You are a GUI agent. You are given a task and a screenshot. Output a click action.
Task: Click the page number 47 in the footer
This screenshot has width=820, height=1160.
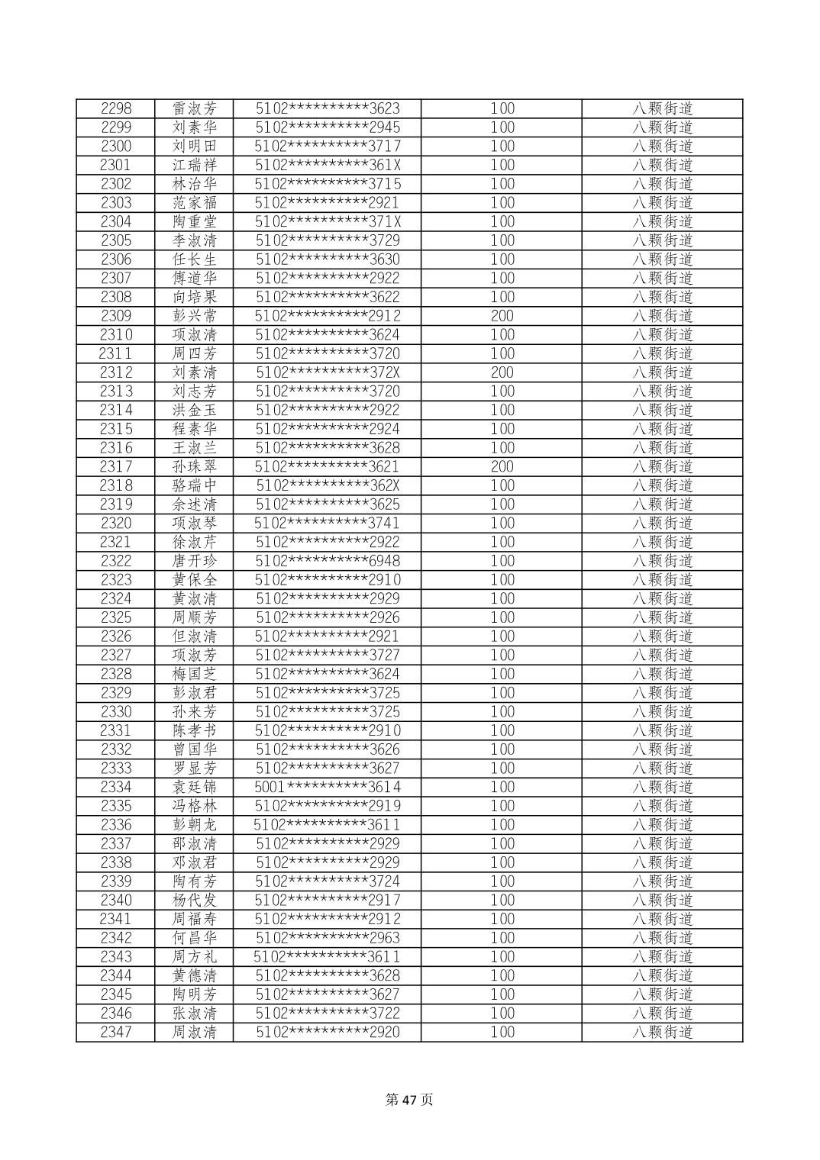point(410,1100)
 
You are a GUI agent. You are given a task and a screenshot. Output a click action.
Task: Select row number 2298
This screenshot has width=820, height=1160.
point(116,108)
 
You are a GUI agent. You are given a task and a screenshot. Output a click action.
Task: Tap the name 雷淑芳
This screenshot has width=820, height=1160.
point(195,108)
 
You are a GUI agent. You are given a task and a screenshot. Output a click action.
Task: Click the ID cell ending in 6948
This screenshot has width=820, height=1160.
point(328,561)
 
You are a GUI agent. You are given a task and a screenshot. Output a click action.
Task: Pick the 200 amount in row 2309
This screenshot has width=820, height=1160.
point(502,316)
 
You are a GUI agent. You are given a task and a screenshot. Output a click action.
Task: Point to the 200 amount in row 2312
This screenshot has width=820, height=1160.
point(502,372)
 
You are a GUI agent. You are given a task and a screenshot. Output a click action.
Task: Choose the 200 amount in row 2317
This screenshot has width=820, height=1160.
point(502,466)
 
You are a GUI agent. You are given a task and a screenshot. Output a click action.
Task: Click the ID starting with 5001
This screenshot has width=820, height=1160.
point(328,787)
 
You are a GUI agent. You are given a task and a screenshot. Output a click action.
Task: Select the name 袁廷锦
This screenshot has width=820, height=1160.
point(195,787)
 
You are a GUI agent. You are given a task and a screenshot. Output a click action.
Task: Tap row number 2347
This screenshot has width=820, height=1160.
point(116,1032)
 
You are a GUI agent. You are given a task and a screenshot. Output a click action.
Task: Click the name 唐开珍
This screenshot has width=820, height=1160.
point(195,561)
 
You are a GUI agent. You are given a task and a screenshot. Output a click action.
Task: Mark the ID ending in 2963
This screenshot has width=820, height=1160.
point(328,938)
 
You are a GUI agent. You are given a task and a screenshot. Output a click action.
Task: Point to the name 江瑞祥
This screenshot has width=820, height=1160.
point(195,165)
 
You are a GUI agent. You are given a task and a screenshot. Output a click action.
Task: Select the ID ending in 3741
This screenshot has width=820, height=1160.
point(328,523)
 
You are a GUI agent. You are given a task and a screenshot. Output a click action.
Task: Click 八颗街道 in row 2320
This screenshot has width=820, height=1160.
point(662,523)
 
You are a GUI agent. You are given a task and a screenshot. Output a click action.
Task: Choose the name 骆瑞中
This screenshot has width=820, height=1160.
point(195,485)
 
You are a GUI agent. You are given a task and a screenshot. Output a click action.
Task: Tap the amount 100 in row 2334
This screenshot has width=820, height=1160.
point(502,787)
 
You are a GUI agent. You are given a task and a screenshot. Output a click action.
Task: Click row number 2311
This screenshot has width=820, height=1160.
point(116,353)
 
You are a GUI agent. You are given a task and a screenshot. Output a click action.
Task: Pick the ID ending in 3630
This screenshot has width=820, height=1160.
point(328,259)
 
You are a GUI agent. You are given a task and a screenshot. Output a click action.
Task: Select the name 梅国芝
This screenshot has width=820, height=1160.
point(195,674)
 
